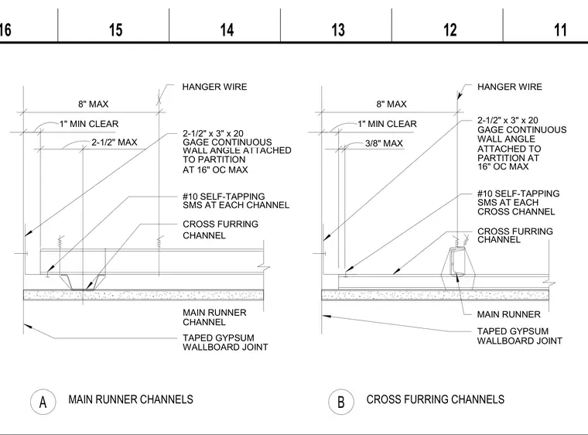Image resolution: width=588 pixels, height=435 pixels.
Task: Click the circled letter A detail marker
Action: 43,402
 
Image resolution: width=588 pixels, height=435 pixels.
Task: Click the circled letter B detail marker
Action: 341,402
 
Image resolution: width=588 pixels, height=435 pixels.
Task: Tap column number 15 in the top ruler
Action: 115,30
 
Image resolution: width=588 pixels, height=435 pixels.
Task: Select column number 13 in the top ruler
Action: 338,30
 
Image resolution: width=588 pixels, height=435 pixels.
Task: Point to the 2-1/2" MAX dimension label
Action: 115,142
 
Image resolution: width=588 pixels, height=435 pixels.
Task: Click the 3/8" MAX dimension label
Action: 384,143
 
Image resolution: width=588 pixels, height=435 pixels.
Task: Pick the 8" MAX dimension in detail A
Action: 94,104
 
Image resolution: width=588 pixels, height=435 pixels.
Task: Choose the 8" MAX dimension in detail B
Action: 391,104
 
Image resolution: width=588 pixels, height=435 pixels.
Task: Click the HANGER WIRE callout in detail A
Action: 214,87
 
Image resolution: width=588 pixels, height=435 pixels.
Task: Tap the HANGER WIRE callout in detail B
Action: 510,87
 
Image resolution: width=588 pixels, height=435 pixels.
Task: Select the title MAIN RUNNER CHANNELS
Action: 131,399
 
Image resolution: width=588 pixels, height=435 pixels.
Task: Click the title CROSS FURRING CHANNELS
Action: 436,399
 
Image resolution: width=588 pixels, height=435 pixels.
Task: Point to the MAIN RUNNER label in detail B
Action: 508,314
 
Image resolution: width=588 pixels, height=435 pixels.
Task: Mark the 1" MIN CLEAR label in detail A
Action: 89,124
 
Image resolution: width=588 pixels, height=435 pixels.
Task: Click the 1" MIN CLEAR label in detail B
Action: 387,124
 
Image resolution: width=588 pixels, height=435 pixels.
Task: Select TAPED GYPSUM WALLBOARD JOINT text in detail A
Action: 225,342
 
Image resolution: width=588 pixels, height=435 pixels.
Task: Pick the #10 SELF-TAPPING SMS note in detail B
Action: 518,203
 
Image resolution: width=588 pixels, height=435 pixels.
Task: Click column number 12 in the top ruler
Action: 450,30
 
